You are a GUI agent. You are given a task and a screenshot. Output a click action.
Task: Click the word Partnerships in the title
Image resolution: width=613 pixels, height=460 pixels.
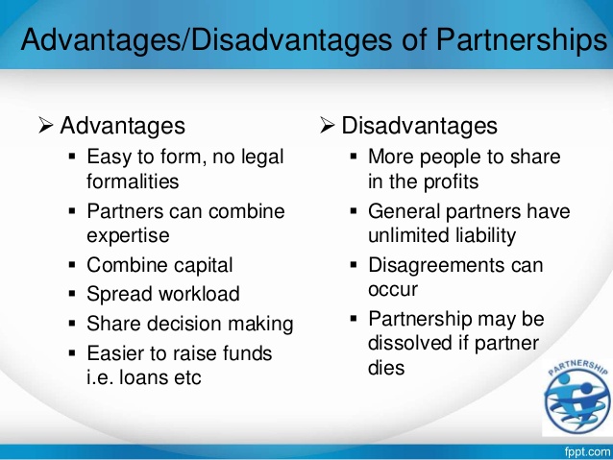click(x=522, y=40)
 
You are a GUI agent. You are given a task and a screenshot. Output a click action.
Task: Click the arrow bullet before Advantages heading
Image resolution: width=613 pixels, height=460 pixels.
click(x=46, y=125)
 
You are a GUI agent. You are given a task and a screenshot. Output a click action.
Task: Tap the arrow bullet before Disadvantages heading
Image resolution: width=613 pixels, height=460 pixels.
click(x=328, y=125)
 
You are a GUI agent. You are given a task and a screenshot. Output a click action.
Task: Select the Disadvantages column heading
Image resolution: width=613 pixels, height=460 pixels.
click(x=420, y=126)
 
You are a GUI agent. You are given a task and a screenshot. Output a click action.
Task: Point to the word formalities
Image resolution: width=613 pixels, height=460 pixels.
click(x=133, y=182)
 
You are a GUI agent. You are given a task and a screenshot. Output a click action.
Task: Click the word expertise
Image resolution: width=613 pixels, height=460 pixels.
click(x=128, y=236)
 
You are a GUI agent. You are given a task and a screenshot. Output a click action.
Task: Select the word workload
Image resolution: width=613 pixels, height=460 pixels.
click(x=199, y=294)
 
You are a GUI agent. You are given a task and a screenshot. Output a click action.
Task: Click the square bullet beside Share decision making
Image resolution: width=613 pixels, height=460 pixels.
click(x=72, y=324)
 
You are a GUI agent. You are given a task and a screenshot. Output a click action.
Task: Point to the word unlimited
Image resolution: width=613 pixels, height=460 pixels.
click(x=404, y=235)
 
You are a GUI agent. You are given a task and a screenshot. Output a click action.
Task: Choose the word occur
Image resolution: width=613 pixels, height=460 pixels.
click(x=393, y=290)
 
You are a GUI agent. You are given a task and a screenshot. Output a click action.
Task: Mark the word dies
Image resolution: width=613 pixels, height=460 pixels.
click(x=386, y=368)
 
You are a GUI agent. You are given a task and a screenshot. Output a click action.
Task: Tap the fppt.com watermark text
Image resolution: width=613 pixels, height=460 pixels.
click(x=587, y=452)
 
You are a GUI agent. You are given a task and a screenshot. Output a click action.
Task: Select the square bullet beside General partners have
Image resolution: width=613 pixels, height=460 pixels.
click(x=354, y=211)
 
